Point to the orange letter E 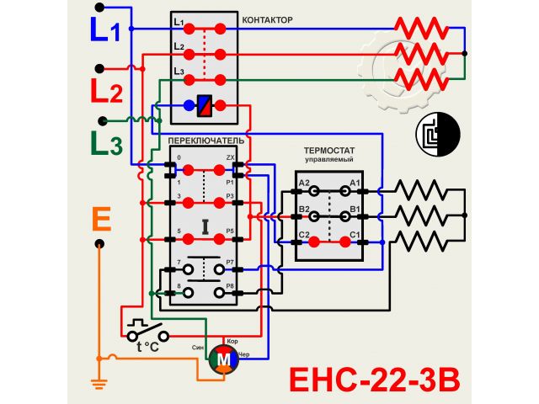(x=100, y=220)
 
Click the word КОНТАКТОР (x=268, y=19)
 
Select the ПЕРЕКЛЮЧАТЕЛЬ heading (x=206, y=141)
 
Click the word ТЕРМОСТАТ (x=328, y=150)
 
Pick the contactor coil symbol (x=204, y=106)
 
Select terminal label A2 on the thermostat (x=304, y=183)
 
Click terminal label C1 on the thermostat (x=355, y=233)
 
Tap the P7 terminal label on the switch (x=231, y=263)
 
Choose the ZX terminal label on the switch (x=230, y=158)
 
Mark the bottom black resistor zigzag (x=427, y=241)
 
